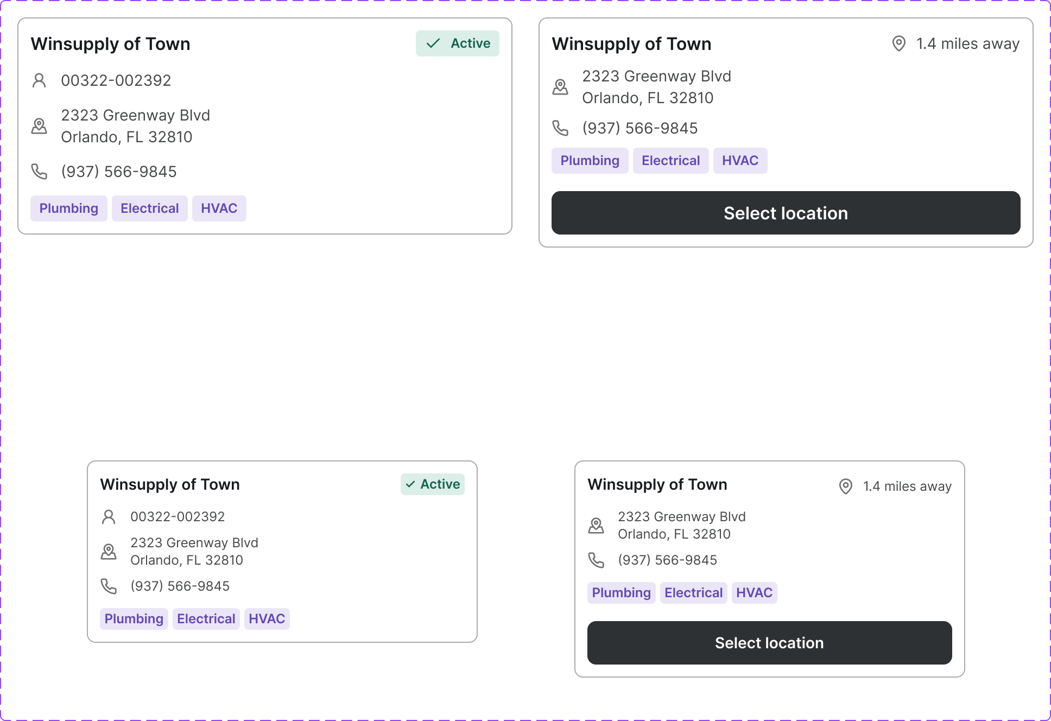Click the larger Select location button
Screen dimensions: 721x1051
[x=786, y=213]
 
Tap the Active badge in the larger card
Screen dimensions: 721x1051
[x=457, y=43]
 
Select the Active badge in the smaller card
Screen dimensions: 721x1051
[x=432, y=484]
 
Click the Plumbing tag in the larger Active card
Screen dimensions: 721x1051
[x=68, y=208]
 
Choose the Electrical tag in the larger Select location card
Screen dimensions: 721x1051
[x=670, y=161]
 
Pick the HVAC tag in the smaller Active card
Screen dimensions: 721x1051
[x=267, y=619]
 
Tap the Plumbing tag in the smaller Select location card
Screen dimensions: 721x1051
[x=621, y=593]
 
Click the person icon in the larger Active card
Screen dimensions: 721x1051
[x=39, y=80]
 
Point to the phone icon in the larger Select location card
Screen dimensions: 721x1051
[x=560, y=128]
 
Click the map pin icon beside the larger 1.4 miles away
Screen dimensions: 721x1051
[x=899, y=43]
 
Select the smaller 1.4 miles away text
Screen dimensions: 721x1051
[x=907, y=486]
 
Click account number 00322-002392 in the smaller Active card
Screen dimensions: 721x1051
[x=178, y=517]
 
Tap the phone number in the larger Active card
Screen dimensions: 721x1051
[x=119, y=172]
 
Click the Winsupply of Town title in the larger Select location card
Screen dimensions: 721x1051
[x=631, y=44]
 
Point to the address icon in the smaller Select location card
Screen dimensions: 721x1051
[x=596, y=526]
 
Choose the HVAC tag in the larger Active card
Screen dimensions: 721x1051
[x=219, y=208]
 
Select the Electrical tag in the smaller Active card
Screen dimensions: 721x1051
[x=206, y=619]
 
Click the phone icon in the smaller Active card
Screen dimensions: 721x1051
[x=109, y=586]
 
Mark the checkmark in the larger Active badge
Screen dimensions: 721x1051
[x=433, y=43]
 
